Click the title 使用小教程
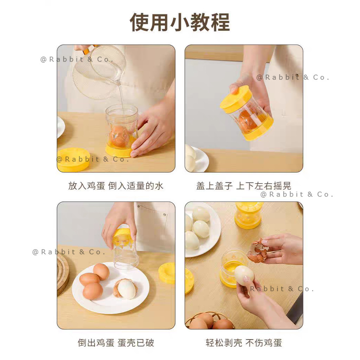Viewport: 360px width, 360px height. [x=180, y=22]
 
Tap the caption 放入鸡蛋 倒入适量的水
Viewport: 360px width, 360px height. [x=116, y=186]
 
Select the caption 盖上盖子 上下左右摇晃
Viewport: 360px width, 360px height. [x=244, y=186]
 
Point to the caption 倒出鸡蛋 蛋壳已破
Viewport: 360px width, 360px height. [x=116, y=342]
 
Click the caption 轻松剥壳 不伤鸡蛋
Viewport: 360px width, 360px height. [x=244, y=342]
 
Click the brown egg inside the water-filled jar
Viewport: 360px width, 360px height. [x=119, y=136]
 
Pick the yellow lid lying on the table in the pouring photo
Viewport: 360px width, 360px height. [x=73, y=160]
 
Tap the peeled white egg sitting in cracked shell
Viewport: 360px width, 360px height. [x=127, y=289]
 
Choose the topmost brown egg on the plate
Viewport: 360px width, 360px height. [x=101, y=272]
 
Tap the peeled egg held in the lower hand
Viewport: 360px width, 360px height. [x=244, y=276]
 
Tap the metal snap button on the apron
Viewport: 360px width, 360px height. [x=165, y=215]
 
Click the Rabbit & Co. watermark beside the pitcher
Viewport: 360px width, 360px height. [x=77, y=59]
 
